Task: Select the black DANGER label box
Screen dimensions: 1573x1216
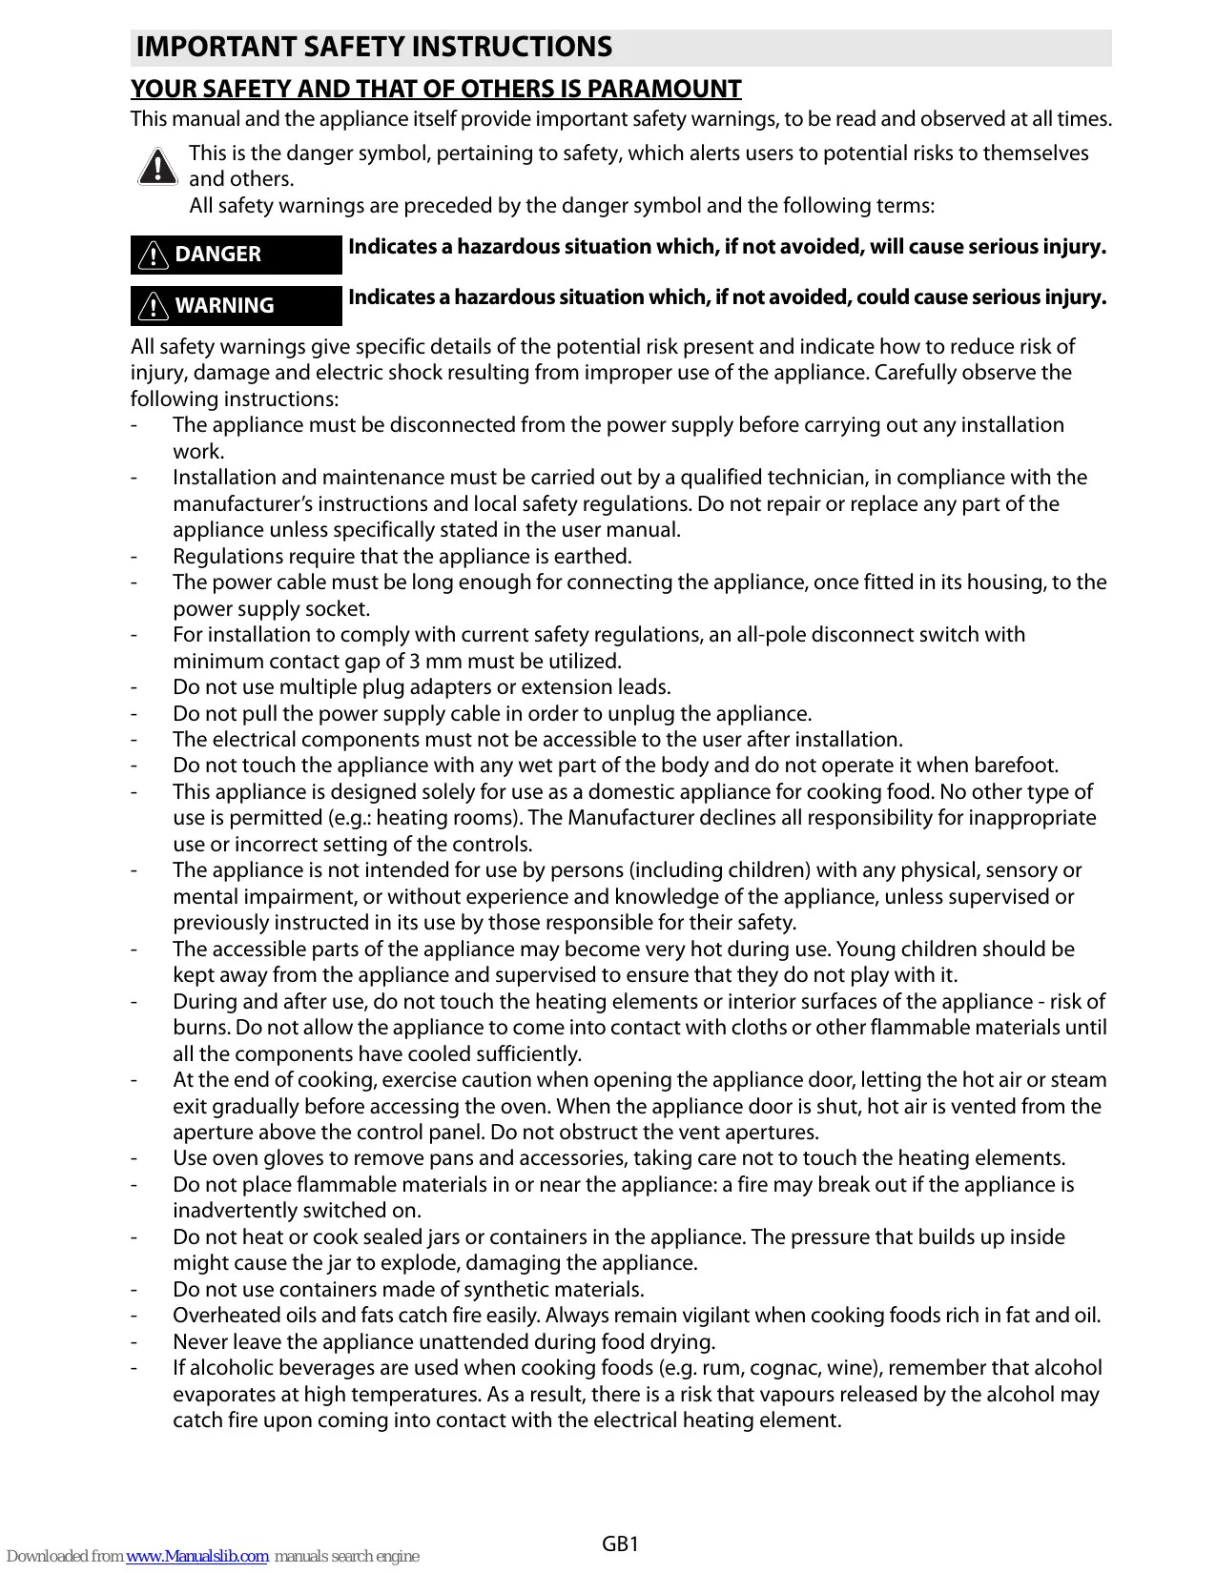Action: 236,255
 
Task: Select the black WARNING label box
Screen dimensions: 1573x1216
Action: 236,306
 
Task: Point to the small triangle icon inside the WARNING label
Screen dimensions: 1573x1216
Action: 153,306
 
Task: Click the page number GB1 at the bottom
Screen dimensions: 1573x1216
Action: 620,1543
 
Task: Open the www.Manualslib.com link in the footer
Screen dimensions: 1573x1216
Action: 196,1556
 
